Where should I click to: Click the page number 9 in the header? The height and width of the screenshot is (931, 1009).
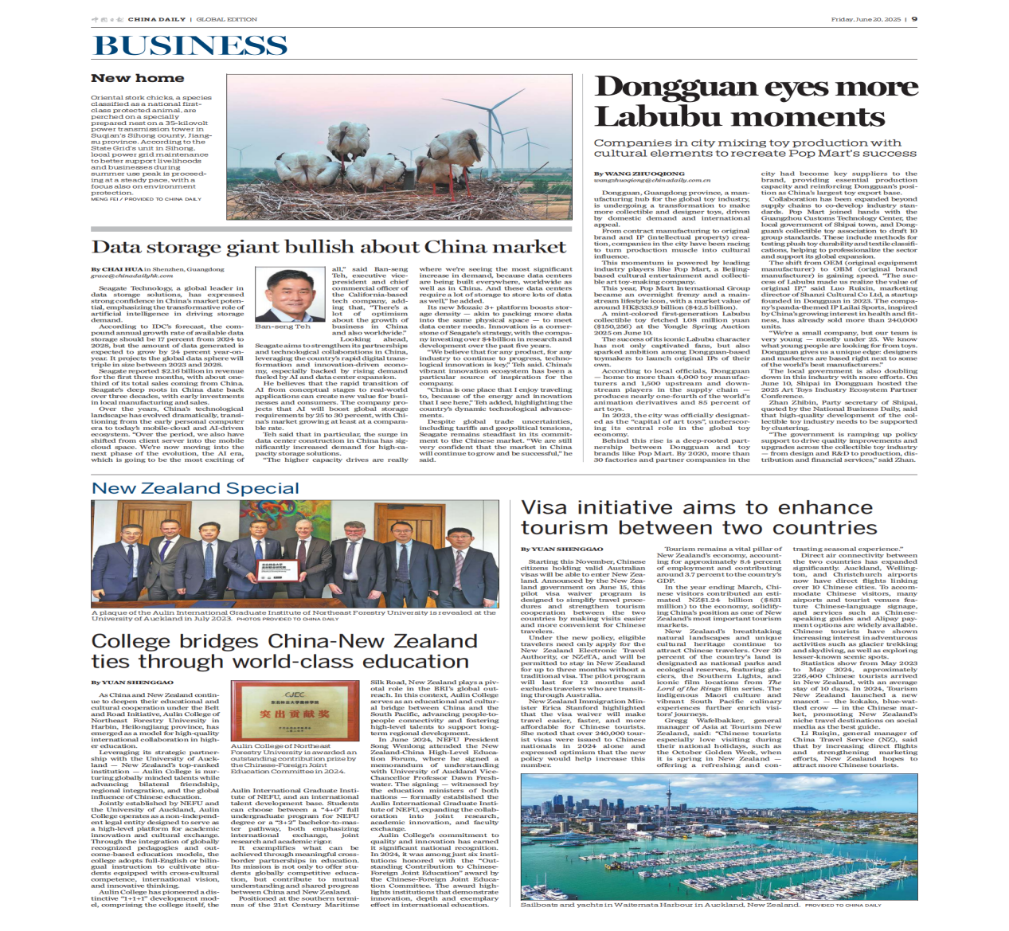pyautogui.click(x=914, y=19)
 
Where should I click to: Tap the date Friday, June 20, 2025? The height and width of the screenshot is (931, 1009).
pyautogui.click(x=866, y=19)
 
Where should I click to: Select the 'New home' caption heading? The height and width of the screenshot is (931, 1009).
pyautogui.click(x=137, y=78)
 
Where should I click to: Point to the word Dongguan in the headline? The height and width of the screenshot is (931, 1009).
pyautogui.click(x=676, y=86)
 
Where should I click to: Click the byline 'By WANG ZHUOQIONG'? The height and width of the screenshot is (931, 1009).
pyautogui.click(x=639, y=174)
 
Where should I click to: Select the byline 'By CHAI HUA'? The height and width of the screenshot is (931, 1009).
pyautogui.click(x=116, y=269)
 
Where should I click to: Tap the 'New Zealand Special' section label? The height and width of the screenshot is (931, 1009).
pyautogui.click(x=195, y=488)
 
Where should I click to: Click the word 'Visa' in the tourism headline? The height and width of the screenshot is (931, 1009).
pyautogui.click(x=546, y=508)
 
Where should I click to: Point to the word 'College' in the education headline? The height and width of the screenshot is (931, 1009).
pyautogui.click(x=130, y=641)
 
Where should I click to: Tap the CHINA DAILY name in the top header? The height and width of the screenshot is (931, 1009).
pyautogui.click(x=156, y=19)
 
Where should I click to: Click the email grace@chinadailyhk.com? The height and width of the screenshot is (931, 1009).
pyautogui.click(x=131, y=276)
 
